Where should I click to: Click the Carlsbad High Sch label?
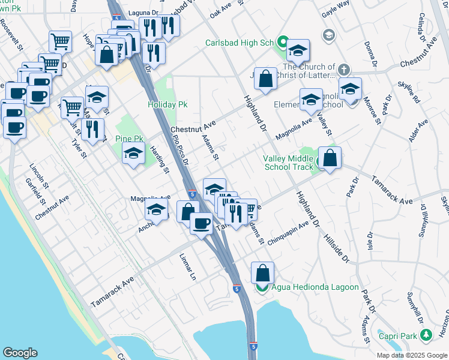(x=239, y=43)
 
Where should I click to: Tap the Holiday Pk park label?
(x=168, y=104)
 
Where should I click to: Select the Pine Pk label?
(x=129, y=139)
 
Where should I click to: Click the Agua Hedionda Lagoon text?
(x=315, y=287)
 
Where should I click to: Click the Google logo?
(x=20, y=353)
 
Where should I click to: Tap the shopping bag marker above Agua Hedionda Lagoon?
(x=263, y=273)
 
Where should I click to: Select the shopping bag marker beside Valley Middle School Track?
(x=330, y=158)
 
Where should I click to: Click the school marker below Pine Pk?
(x=133, y=154)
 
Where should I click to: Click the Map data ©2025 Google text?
(x=412, y=355)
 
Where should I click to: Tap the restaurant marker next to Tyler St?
(x=92, y=129)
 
